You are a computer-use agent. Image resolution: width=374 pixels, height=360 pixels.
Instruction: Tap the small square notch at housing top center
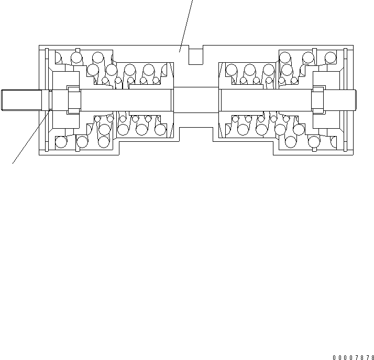click(195, 55)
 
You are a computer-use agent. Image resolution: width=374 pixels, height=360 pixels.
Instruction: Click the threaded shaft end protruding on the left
click(21, 100)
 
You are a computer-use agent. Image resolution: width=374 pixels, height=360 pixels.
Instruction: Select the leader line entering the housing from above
click(186, 24)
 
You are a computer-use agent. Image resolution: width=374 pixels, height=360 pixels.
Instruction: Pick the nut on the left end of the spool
click(73, 99)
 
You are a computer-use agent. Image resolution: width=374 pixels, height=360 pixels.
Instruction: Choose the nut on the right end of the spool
click(317, 99)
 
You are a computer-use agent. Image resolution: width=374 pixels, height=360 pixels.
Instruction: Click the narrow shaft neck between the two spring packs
click(195, 99)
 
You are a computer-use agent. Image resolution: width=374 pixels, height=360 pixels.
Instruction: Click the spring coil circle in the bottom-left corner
click(61, 142)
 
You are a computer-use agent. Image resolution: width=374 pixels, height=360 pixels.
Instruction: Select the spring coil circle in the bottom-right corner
click(314, 142)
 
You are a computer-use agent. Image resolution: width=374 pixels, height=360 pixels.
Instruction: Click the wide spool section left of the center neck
click(126, 99)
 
